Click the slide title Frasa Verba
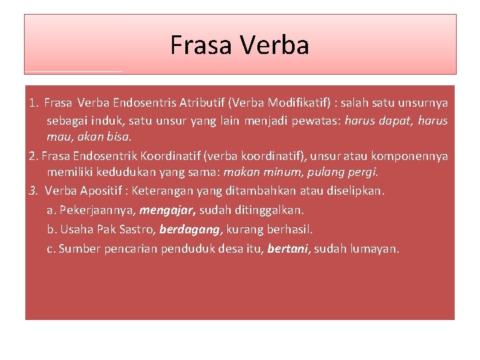point(239,45)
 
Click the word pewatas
point(330,121)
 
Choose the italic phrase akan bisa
point(108,137)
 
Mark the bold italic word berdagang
point(190,229)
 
